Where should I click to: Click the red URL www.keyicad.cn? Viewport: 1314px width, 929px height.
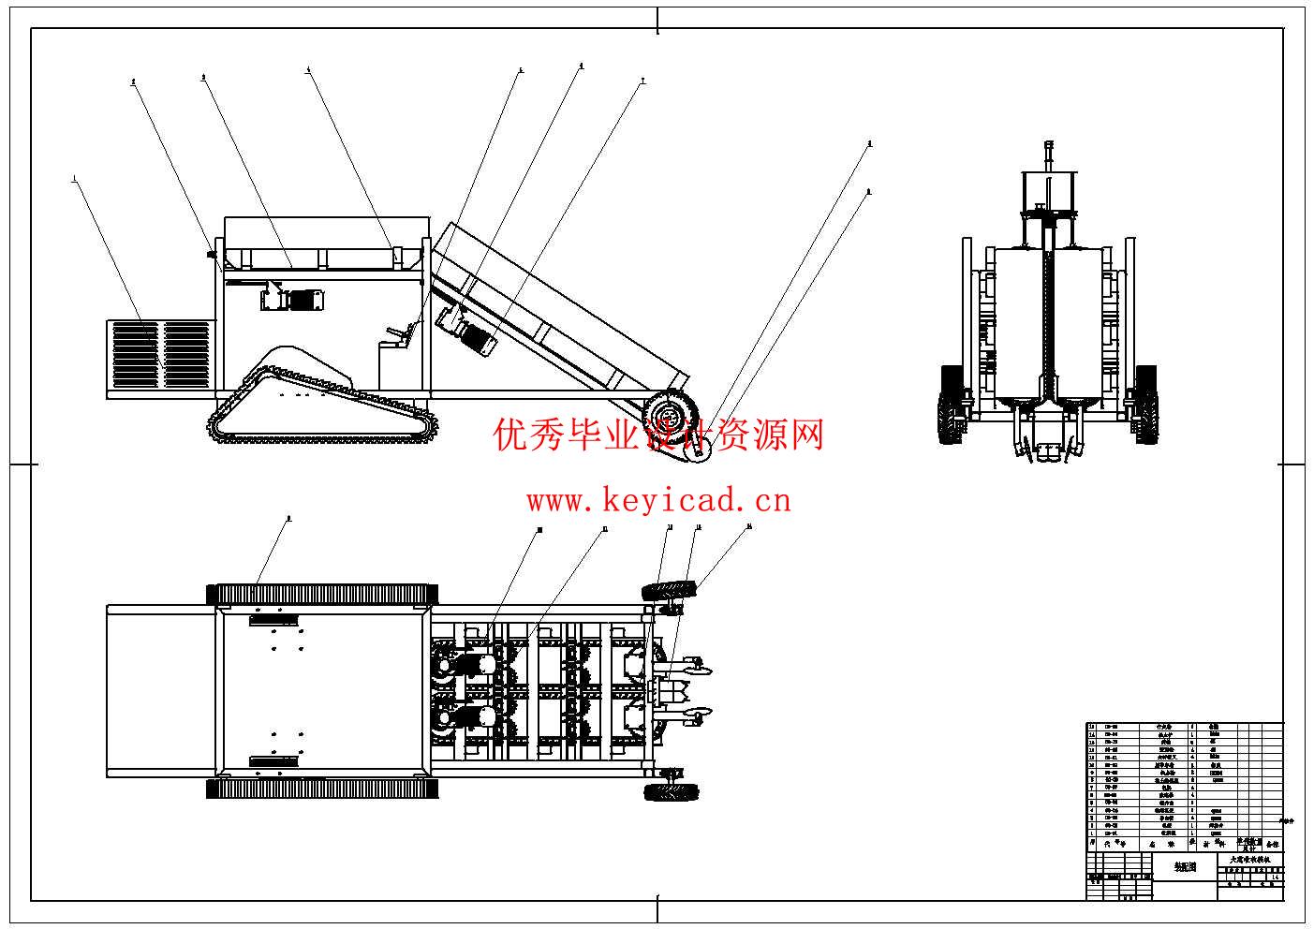click(x=658, y=501)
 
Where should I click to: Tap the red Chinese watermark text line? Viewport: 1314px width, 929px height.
click(x=658, y=435)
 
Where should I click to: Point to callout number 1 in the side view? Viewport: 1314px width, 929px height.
click(x=74, y=176)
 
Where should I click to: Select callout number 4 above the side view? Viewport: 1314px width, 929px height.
click(x=308, y=68)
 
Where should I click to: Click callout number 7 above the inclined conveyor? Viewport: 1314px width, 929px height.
click(x=642, y=81)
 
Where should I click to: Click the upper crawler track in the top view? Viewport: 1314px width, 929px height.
click(x=323, y=595)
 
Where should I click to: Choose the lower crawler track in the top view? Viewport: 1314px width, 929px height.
click(x=323, y=789)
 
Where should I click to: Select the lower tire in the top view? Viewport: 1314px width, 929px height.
click(x=672, y=792)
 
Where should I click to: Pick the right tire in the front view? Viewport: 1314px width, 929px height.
click(x=1144, y=404)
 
